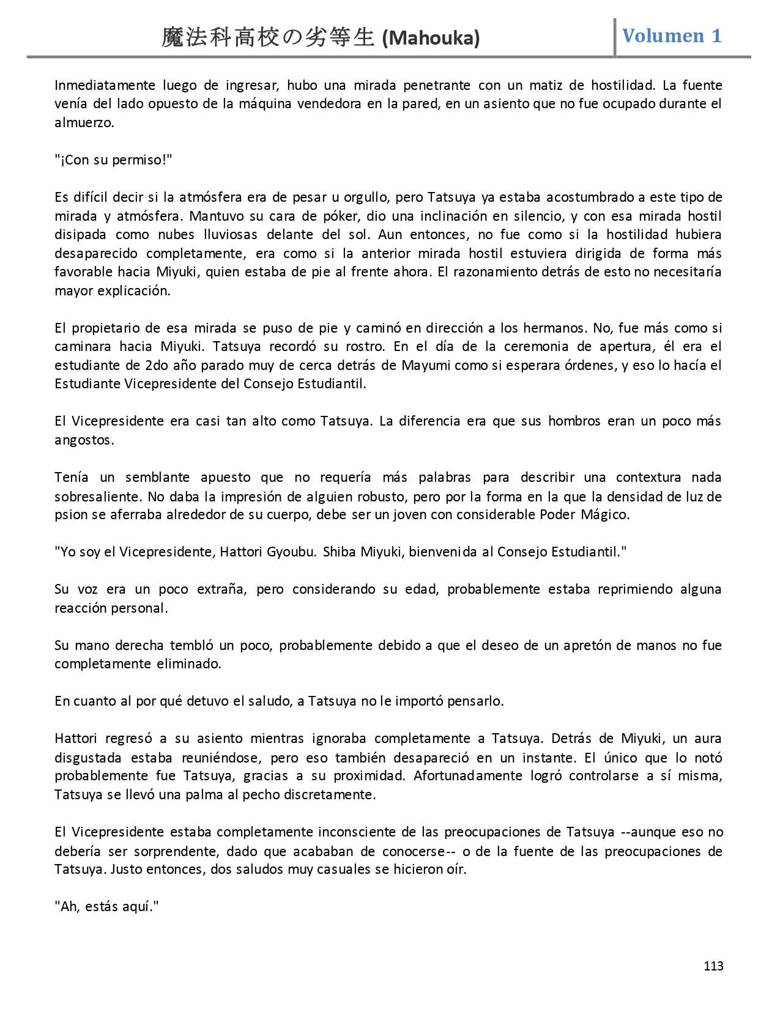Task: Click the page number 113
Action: [713, 966]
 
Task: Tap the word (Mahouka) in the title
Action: [431, 39]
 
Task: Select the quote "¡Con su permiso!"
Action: [113, 160]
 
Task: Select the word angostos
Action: [83, 440]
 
